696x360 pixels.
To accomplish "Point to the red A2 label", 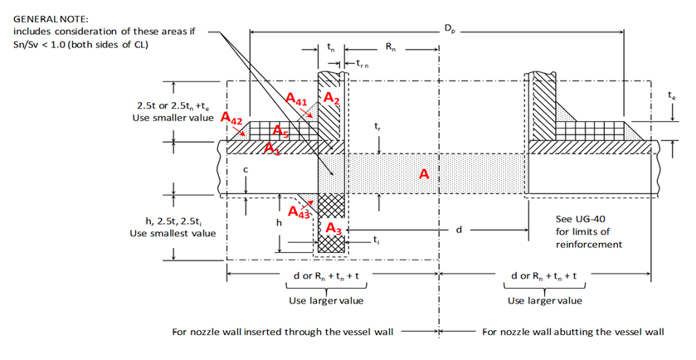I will click(x=332, y=99).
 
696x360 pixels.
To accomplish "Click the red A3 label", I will click(x=333, y=228).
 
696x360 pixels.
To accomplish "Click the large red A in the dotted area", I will click(x=424, y=175).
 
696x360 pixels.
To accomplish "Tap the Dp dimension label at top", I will click(x=449, y=28).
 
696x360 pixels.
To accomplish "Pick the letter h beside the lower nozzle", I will click(x=279, y=223).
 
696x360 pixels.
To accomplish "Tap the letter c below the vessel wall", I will click(x=245, y=168).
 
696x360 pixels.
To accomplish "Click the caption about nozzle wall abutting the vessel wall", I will click(x=572, y=332).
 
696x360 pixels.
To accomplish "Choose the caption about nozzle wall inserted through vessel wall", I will click(x=282, y=332).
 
